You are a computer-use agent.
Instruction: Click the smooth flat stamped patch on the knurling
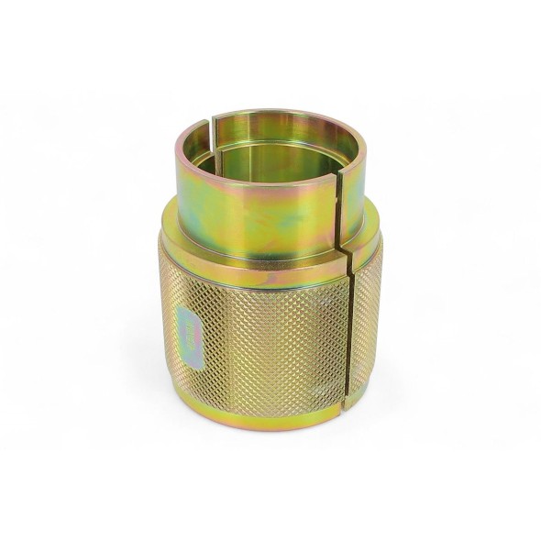click(187, 334)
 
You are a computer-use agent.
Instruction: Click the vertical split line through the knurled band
click(348, 339)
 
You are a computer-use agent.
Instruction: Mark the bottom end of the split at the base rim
click(345, 403)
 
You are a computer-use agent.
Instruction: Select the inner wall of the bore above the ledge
click(275, 138)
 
